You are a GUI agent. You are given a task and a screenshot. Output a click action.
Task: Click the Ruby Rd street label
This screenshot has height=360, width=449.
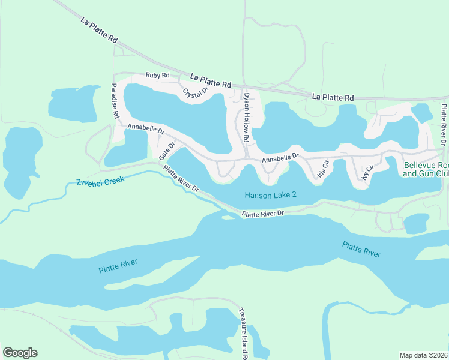[158, 76]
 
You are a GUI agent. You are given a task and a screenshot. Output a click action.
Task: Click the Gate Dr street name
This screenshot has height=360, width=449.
[167, 151]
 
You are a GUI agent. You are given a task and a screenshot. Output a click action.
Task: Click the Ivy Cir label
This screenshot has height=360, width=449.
[367, 172]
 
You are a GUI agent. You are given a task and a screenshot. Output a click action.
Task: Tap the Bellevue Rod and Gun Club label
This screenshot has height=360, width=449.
[426, 169]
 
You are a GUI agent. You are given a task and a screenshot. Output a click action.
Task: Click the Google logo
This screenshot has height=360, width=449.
[20, 353]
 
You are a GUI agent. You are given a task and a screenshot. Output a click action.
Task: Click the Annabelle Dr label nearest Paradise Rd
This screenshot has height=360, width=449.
[146, 128]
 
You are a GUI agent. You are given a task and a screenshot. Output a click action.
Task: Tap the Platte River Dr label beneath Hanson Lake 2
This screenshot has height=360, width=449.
[262, 214]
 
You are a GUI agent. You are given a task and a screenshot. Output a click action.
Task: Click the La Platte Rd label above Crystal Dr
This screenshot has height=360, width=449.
[211, 81]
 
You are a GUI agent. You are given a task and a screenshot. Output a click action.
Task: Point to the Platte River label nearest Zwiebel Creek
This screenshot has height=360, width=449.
[118, 266]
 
